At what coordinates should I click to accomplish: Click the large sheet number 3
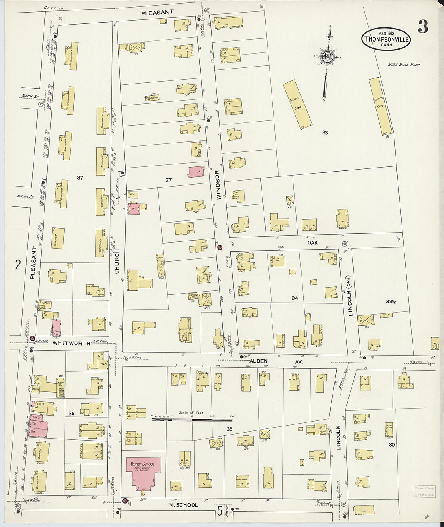pos(423,27)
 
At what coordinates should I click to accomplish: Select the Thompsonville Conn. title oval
pos(386,39)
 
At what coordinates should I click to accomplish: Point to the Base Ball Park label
pos(404,65)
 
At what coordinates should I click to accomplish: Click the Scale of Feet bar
pos(192,420)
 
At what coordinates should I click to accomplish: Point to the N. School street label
pos(183,505)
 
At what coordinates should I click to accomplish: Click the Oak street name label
pos(312,242)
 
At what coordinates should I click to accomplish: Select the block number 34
pos(295,298)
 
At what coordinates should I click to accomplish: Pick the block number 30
pos(392,445)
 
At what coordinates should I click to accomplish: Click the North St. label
pos(30,97)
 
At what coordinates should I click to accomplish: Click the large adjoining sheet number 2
pos(18,265)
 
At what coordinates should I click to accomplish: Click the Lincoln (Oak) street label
pos(350,296)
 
